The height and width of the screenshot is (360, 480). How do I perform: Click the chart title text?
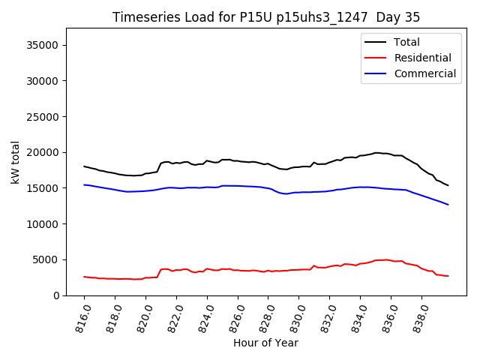[266, 17]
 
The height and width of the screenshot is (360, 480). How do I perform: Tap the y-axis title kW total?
[15, 162]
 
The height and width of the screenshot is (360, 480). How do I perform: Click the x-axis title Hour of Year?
[266, 343]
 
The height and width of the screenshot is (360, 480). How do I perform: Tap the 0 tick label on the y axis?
[56, 295]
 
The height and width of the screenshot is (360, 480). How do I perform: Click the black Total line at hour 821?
[161, 163]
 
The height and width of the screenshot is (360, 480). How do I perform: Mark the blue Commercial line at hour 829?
[283, 193]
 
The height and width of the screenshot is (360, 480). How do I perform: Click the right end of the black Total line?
[448, 185]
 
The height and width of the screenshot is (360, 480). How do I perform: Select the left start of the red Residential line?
[84, 277]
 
